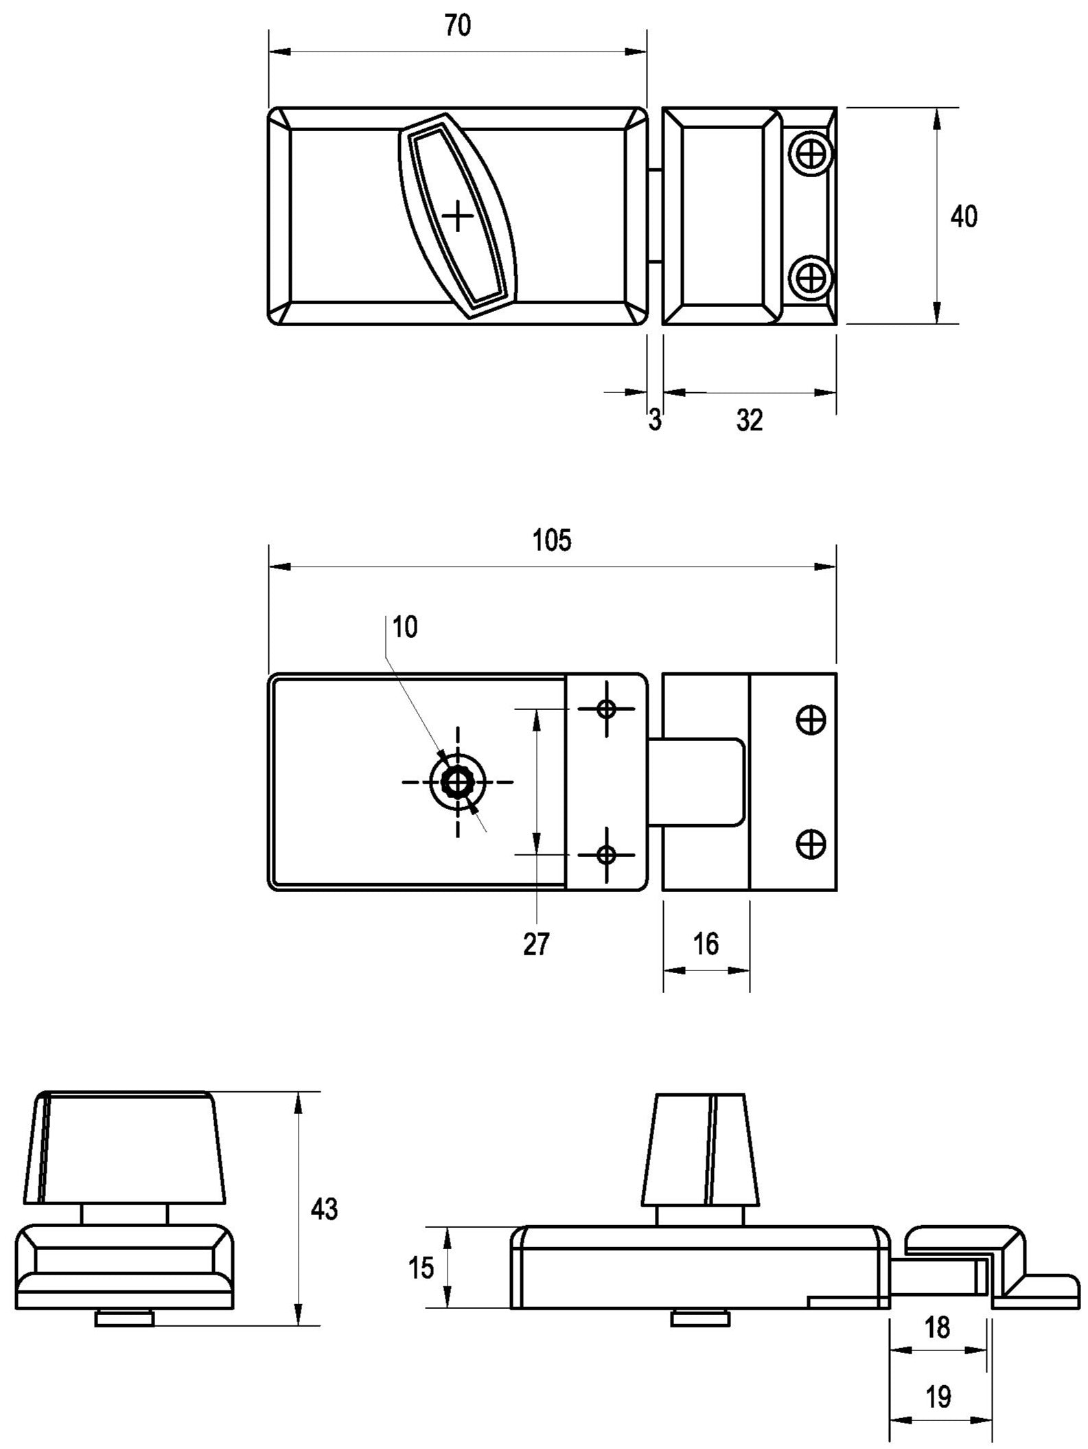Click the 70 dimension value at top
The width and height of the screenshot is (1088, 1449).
click(x=458, y=27)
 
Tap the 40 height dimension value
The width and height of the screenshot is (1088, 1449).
click(x=963, y=217)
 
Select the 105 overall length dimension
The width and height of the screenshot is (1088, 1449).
click(x=552, y=541)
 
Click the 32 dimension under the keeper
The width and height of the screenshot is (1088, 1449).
click(x=750, y=420)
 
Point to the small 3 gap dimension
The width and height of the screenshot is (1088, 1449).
click(x=655, y=420)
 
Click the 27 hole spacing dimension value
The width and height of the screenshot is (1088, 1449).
click(x=536, y=944)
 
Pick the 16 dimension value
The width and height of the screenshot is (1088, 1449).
click(x=706, y=944)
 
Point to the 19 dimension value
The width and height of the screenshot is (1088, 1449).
click(x=938, y=1397)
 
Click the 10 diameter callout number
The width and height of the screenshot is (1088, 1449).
click(x=405, y=627)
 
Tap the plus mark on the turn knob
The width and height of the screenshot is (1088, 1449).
click(x=458, y=218)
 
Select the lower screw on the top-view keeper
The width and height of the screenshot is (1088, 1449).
click(x=812, y=278)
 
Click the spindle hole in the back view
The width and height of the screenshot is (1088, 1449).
click(x=457, y=781)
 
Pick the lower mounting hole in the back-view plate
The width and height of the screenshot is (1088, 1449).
click(x=605, y=855)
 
